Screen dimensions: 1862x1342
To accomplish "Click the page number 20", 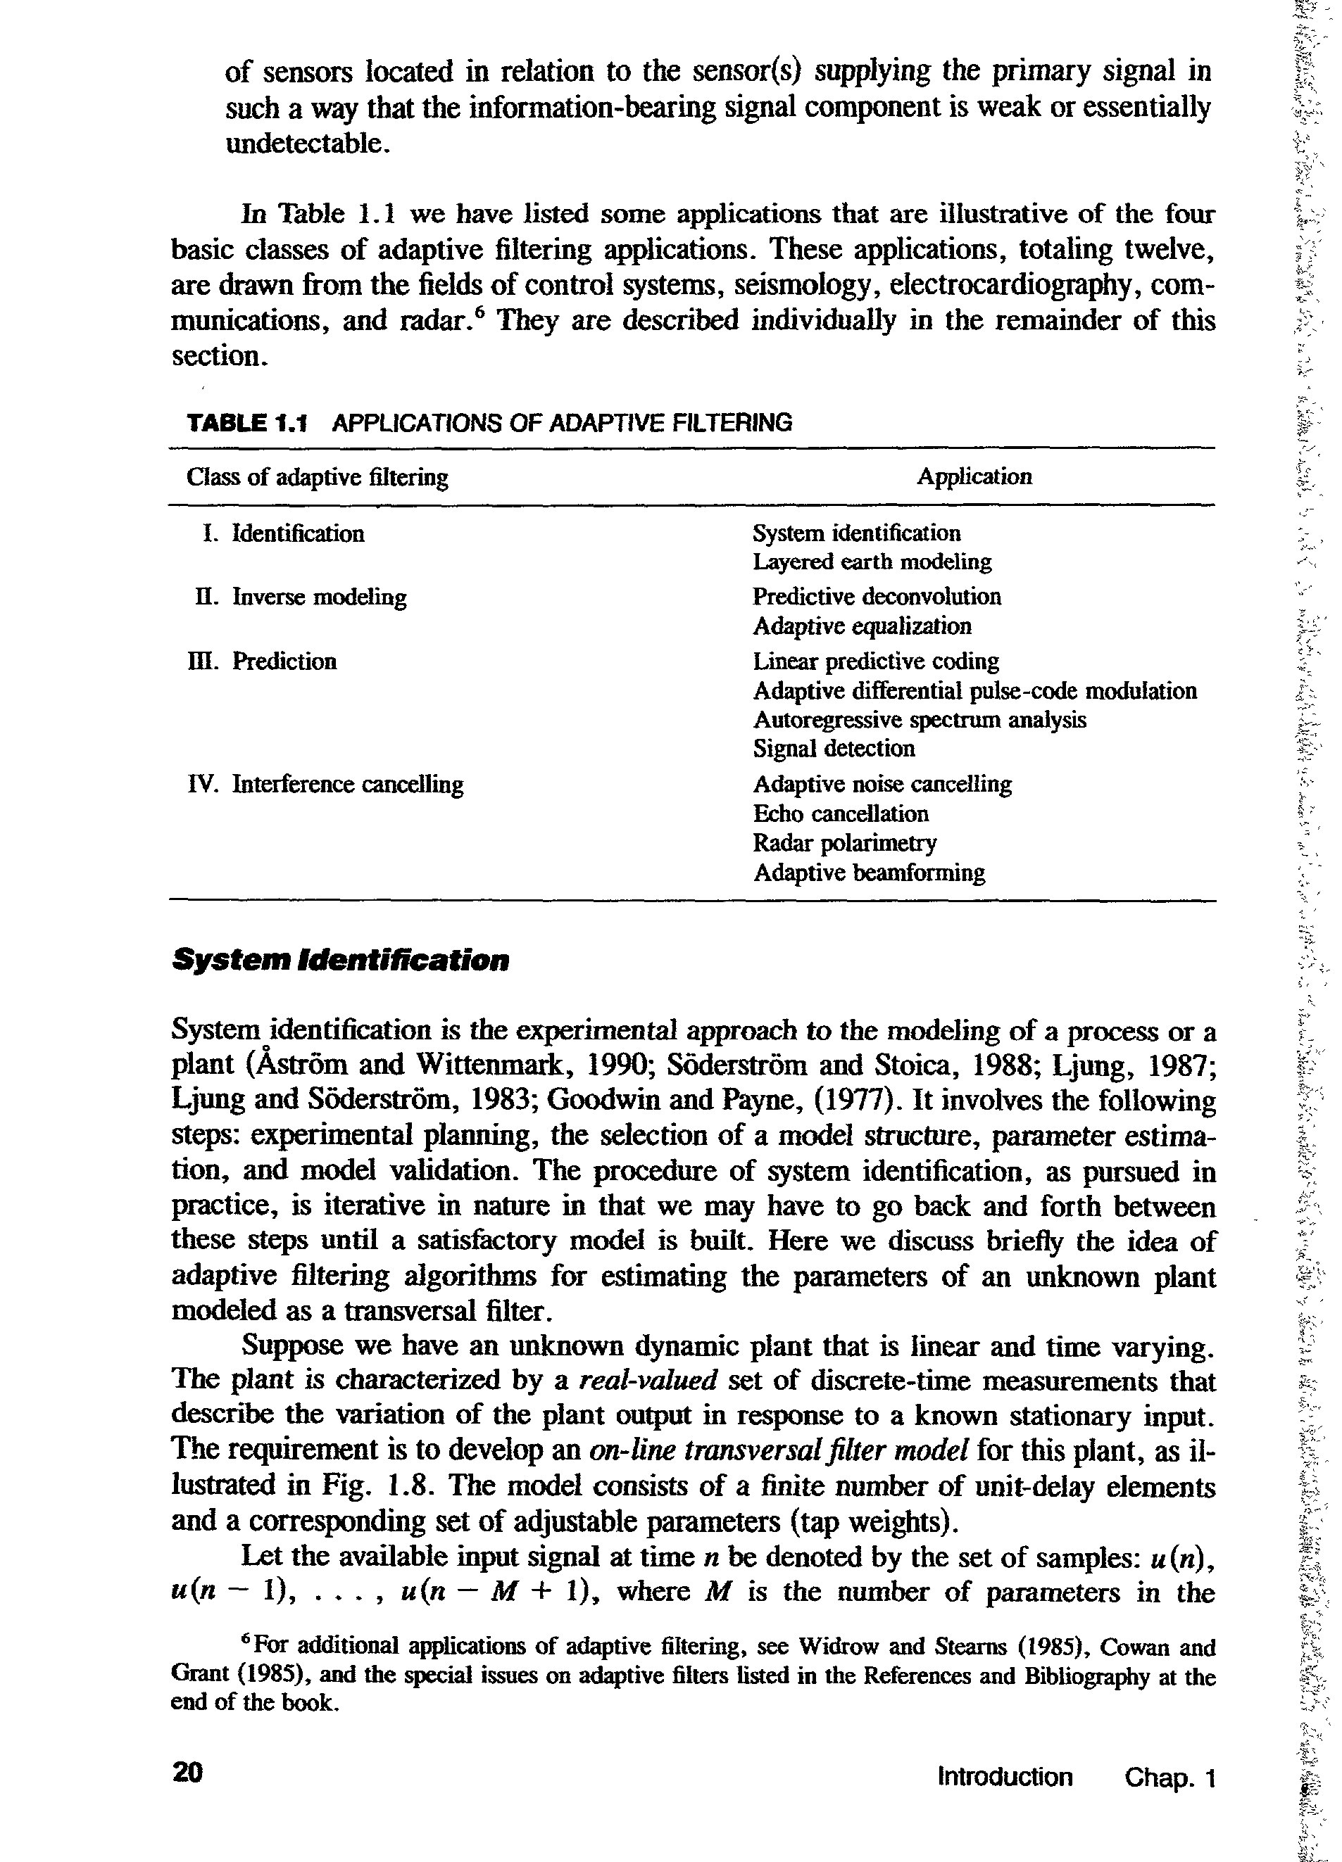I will click(x=187, y=1772).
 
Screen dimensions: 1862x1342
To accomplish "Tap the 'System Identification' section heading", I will click(x=340, y=960).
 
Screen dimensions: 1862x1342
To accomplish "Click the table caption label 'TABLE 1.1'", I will click(x=246, y=424).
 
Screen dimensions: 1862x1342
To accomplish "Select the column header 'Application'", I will click(x=974, y=477).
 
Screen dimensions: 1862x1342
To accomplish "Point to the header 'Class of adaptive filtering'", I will click(x=317, y=477).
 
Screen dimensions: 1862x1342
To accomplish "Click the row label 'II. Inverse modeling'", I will click(x=301, y=597).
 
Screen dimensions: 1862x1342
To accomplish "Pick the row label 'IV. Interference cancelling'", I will click(x=326, y=784).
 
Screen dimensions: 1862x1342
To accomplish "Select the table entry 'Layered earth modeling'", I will click(x=872, y=562).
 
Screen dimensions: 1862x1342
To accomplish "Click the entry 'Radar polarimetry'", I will click(x=844, y=843).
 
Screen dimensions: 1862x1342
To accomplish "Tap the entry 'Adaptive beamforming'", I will click(x=869, y=872).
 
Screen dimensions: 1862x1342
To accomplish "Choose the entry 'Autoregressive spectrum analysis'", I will click(x=919, y=720).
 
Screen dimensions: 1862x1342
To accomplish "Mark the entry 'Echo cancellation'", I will click(x=841, y=813).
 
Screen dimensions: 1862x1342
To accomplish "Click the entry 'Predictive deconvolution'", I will click(x=877, y=597).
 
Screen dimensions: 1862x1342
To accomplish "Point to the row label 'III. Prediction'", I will click(x=263, y=661).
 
